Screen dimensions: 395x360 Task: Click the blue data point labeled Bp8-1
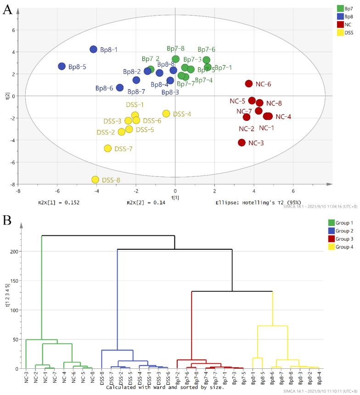pyautogui.click(x=93, y=49)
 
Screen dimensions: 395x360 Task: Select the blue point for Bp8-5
pyautogui.click(x=62, y=66)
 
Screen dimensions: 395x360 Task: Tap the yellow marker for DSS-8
pyautogui.click(x=95, y=180)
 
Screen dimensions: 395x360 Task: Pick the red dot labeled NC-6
pyautogui.click(x=249, y=84)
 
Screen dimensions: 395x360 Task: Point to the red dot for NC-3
pyautogui.click(x=242, y=143)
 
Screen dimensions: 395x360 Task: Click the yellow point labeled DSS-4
pyautogui.click(x=166, y=113)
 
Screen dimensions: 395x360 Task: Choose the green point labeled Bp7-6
pyautogui.click(x=207, y=60)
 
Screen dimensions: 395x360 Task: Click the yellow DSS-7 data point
pyautogui.click(x=108, y=148)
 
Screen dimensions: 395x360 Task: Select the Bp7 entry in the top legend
pyautogui.click(x=349, y=8)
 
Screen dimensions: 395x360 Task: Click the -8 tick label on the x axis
pyautogui.click(x=18, y=191)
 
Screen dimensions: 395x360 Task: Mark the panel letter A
pyautogui.click(x=8, y=10)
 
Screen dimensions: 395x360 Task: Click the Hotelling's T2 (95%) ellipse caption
pyautogui.click(x=251, y=202)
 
